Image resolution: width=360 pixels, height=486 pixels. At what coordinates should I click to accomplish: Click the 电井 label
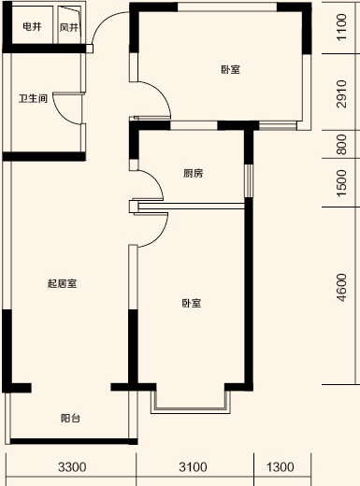[x=31, y=27]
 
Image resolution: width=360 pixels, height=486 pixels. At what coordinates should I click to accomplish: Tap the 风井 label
[x=69, y=27]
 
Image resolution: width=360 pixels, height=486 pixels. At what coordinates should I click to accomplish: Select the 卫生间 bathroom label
[x=33, y=98]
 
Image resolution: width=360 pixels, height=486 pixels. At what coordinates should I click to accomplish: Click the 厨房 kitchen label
[x=194, y=174]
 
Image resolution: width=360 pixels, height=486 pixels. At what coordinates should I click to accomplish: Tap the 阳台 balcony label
[x=70, y=418]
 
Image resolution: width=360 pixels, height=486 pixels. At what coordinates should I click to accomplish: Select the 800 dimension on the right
[x=342, y=145]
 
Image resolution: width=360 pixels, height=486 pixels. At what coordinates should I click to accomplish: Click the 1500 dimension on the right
[x=342, y=183]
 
